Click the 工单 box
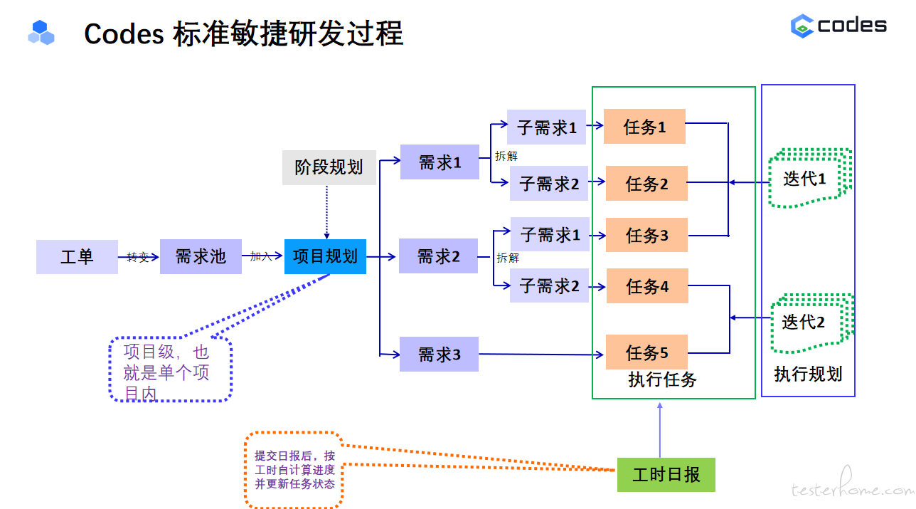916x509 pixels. [77, 257]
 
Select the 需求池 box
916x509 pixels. [201, 257]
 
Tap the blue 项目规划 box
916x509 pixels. [325, 257]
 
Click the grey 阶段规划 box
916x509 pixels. [329, 167]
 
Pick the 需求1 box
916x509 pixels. [440, 162]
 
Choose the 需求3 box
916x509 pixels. [439, 355]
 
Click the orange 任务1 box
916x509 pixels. [644, 127]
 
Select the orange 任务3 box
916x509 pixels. [646, 235]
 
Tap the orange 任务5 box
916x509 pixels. [646, 352]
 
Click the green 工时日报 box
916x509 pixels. [666, 475]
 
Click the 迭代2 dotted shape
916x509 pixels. [812, 323]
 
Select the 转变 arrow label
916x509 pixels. [138, 257]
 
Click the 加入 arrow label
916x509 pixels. [261, 256]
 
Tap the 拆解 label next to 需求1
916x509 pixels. [506, 156]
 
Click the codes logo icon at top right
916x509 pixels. [802, 26]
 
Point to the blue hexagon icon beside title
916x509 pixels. [41, 32]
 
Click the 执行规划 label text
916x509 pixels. [808, 374]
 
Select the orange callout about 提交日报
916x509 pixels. [294, 470]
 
